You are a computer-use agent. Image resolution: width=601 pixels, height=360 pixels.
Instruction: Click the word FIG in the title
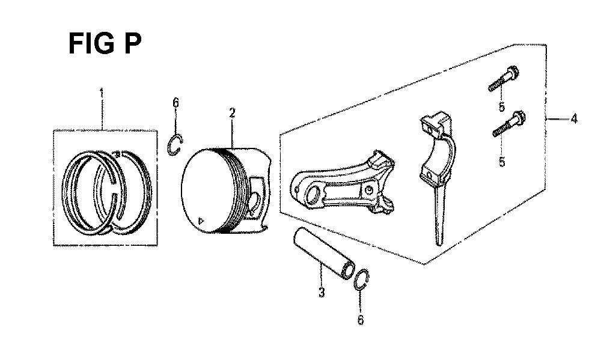pos(91,43)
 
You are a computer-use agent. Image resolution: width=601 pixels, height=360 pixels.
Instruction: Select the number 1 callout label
pos(102,93)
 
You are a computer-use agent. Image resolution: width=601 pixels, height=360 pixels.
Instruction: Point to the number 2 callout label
pos(232,113)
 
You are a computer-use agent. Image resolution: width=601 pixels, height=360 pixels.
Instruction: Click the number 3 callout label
pos(321,292)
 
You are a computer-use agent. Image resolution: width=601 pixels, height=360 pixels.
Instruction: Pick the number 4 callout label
pos(573,119)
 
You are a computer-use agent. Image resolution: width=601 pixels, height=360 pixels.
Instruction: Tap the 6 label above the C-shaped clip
pos(175,103)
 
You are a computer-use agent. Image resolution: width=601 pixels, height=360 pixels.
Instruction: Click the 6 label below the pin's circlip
pos(360,320)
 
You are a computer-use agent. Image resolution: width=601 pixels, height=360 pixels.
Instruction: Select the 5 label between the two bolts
pos(501,107)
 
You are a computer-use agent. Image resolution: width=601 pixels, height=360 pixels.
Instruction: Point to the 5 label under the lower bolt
pos(502,162)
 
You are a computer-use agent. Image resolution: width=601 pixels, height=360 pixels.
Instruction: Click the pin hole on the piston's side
pos(254,202)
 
